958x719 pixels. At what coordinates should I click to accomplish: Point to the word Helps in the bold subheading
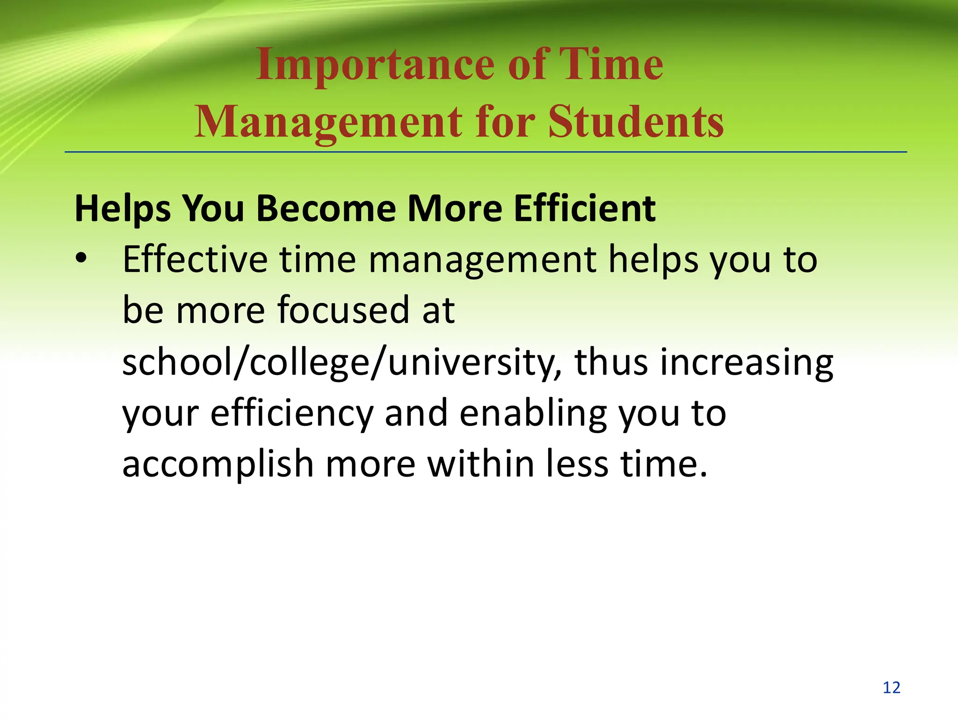pos(123,209)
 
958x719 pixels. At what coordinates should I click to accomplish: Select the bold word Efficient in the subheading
pos(585,208)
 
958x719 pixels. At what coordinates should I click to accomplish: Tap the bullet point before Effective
pos(81,258)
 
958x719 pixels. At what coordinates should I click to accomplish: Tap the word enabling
pos(533,414)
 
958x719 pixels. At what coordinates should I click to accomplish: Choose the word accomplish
pos(218,465)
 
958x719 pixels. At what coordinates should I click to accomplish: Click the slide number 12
pos(891,687)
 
